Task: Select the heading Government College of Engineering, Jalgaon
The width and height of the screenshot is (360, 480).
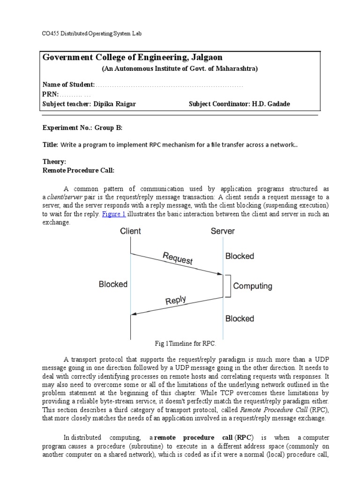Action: click(133, 57)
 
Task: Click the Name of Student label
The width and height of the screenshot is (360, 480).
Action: click(68, 85)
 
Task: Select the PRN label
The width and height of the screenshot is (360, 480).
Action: click(50, 94)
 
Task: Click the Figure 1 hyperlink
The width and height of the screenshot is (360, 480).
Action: click(113, 214)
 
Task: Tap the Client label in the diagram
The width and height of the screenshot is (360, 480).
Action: click(130, 231)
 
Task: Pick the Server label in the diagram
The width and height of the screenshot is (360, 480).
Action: click(223, 231)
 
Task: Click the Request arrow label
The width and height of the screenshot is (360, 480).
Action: click(177, 258)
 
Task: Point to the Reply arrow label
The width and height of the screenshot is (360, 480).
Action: click(176, 300)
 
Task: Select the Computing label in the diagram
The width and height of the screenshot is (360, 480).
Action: click(253, 285)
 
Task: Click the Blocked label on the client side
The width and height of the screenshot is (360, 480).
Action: click(113, 284)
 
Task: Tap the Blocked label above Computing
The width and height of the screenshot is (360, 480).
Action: click(240, 256)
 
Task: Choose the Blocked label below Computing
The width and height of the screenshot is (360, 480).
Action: click(240, 319)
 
